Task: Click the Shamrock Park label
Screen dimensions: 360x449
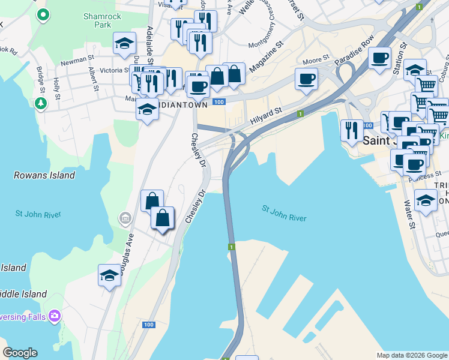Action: coord(97,20)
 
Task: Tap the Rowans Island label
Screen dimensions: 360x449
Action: coord(44,176)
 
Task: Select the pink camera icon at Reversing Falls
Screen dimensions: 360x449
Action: coord(55,315)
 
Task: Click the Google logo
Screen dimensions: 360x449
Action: coord(20,353)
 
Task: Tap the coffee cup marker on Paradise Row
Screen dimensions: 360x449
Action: coord(379,59)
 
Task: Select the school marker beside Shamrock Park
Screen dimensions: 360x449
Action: coord(124,43)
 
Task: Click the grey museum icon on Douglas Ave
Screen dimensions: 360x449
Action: coord(125,217)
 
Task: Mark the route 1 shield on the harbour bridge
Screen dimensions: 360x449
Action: coord(231,247)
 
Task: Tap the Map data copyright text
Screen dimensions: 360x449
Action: coord(412,355)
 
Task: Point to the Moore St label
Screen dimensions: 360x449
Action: coord(316,60)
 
